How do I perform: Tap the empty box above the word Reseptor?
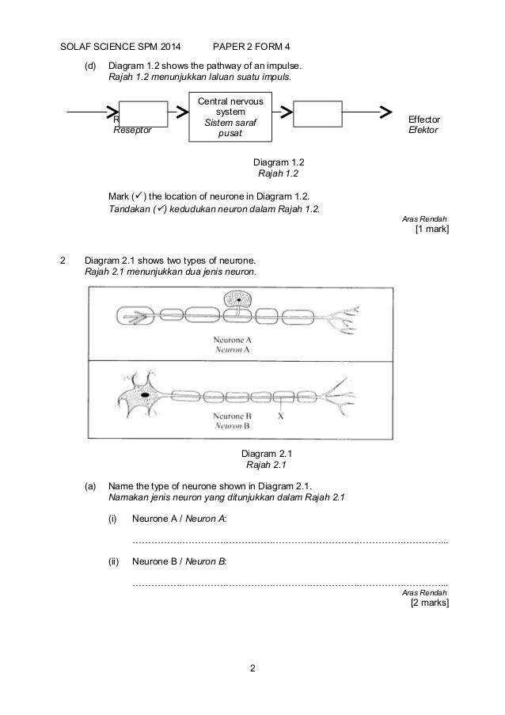[143, 114]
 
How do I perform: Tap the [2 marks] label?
[429, 603]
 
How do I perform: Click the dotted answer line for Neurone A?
[290, 542]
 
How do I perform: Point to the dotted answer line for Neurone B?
[290, 584]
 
